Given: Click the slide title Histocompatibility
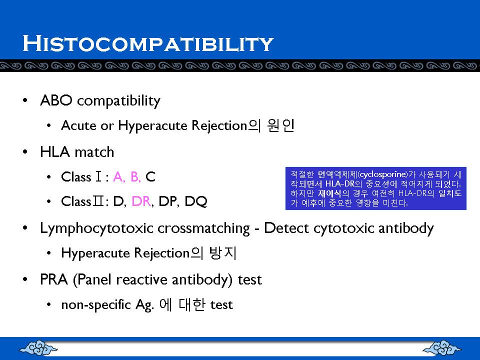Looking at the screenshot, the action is (148, 43).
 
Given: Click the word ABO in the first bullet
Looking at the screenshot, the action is (56, 100).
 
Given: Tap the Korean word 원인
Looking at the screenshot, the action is (280, 125).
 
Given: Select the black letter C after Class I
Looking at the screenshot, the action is (150, 177).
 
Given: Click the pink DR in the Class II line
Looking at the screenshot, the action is (141, 201).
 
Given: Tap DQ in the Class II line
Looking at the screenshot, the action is (196, 201).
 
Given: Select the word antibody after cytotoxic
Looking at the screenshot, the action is (406, 228).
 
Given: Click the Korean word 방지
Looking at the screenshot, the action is (222, 253).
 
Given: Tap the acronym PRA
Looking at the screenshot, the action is (54, 279).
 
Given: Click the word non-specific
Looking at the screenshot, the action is (96, 305).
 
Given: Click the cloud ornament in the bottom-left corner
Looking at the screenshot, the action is (38, 348).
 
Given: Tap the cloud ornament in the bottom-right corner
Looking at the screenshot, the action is (442, 348).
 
